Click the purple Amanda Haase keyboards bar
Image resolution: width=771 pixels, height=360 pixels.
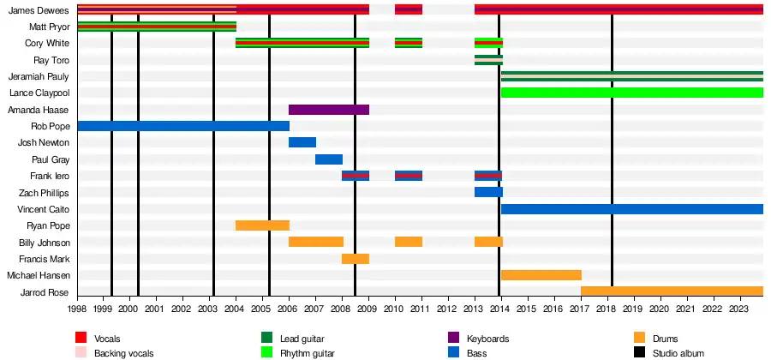pyautogui.click(x=328, y=110)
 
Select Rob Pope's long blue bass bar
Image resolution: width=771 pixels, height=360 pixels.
pyautogui.click(x=182, y=126)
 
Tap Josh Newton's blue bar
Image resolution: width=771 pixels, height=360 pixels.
pyautogui.click(x=302, y=142)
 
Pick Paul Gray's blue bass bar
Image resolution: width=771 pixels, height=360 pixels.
pyautogui.click(x=328, y=159)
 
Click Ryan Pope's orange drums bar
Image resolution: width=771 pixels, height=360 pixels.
pyautogui.click(x=262, y=225)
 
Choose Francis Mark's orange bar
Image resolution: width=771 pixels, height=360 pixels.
pyautogui.click(x=355, y=259)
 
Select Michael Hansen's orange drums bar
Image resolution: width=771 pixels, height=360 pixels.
pyautogui.click(x=541, y=275)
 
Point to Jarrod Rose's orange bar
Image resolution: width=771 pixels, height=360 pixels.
pyautogui.click(x=672, y=291)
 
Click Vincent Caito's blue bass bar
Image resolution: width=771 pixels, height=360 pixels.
pyautogui.click(x=631, y=209)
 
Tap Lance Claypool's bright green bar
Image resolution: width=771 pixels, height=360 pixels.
pyautogui.click(x=631, y=93)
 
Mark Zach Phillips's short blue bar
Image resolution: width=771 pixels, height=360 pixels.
pyautogui.click(x=488, y=192)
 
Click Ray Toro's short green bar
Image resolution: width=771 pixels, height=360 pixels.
pyautogui.click(x=488, y=60)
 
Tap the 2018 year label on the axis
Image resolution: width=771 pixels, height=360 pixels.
pyautogui.click(x=607, y=309)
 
